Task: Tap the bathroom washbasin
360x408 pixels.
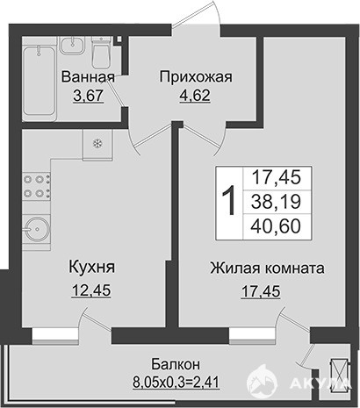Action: click(73, 46)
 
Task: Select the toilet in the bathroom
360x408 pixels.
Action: click(101, 53)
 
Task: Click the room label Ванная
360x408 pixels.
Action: click(88, 77)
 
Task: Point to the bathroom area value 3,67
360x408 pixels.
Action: click(89, 96)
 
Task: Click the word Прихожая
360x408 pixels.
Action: click(196, 77)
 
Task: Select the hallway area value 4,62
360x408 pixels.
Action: click(195, 96)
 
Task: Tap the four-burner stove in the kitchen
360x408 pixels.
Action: click(37, 186)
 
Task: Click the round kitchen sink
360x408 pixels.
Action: click(36, 230)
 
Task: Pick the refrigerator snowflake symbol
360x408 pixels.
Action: click(97, 143)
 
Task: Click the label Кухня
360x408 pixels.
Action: click(92, 268)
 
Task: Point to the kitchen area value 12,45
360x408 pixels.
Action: click(91, 290)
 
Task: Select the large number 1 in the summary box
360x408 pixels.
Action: click(229, 201)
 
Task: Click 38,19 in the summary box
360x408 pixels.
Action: click(277, 202)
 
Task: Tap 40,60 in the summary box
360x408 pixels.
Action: click(277, 226)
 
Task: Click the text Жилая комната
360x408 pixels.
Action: click(267, 268)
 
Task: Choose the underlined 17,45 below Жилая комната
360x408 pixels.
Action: click(261, 291)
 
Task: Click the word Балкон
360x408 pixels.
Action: click(176, 364)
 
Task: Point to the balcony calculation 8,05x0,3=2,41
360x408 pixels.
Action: click(176, 382)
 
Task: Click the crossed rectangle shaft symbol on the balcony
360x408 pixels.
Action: click(338, 376)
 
